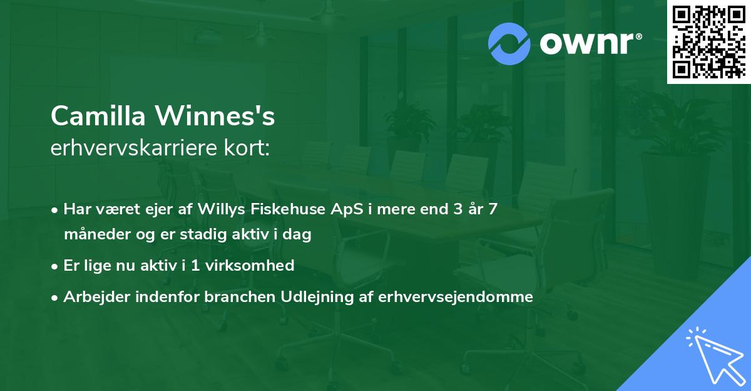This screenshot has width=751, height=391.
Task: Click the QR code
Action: pyautogui.click(x=708, y=41)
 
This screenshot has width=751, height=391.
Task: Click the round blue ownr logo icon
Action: pyautogui.click(x=509, y=43)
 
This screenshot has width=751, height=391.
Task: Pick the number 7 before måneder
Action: pyautogui.click(x=493, y=209)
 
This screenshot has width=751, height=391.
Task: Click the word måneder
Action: pyautogui.click(x=95, y=234)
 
